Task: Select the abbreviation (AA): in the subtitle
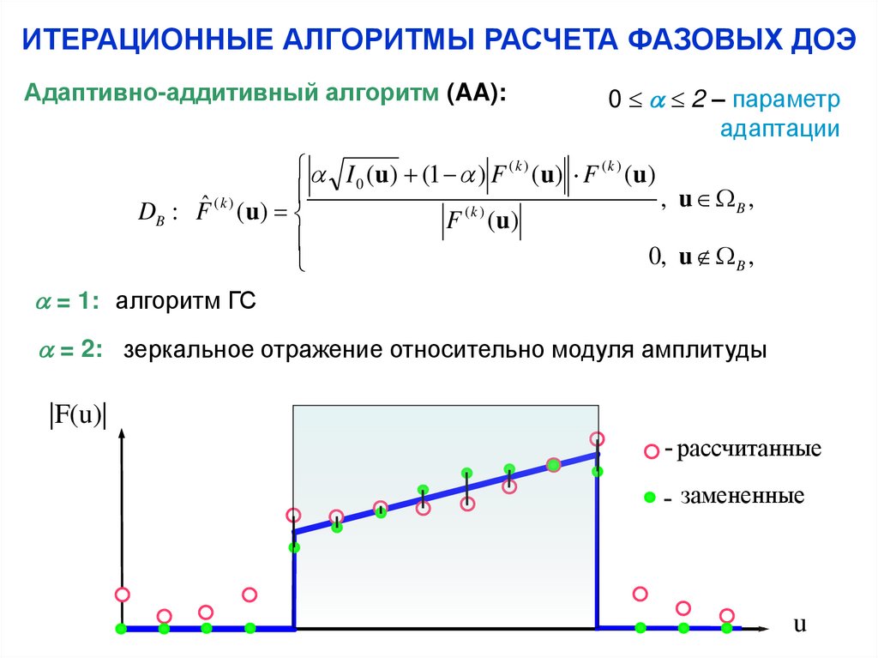[475, 92]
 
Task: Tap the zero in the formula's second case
[656, 255]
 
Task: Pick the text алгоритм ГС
[186, 302]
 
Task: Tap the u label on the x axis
[800, 624]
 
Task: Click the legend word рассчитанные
[749, 449]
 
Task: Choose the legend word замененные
[743, 496]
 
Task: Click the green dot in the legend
[650, 497]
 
